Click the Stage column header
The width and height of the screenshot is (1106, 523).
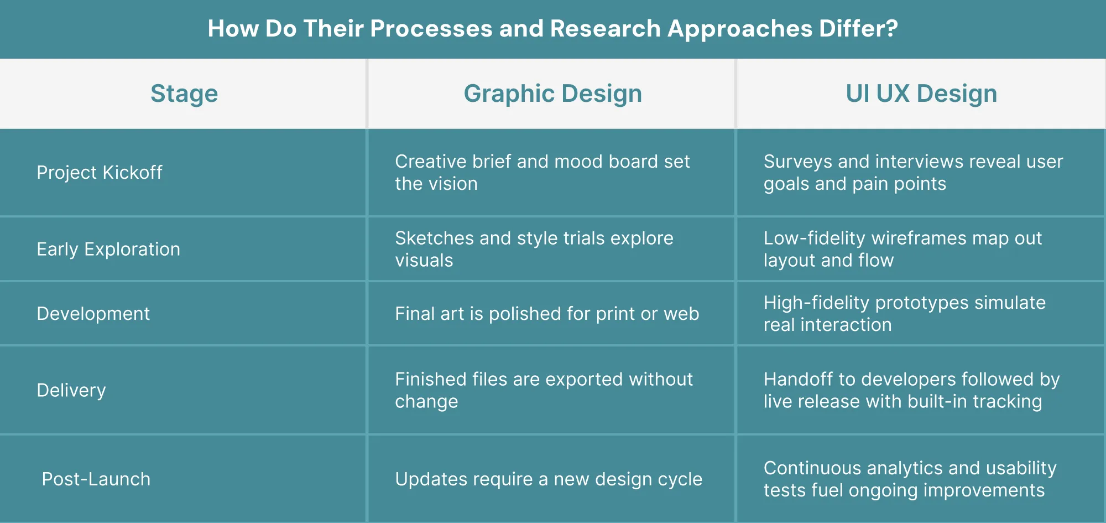pos(184,94)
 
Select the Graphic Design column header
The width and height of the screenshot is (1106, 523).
pos(552,94)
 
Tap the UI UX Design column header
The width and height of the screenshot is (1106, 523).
pos(921,94)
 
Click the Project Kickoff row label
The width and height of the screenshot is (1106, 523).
pos(100,173)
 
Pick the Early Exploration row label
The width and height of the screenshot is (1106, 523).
pos(108,250)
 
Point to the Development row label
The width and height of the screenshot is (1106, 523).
pos(93,314)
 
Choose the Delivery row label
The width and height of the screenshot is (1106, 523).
pos(71,391)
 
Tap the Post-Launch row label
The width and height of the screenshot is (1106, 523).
pos(96,479)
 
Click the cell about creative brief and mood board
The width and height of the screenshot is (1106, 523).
pos(542,173)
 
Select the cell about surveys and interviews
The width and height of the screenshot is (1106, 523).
pos(913,173)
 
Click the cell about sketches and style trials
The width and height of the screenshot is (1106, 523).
pos(534,249)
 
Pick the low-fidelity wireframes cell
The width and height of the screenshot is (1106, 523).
pos(902,249)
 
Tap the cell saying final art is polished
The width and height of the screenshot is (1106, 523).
pos(547,314)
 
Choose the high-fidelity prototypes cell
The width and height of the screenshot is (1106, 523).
pos(905,314)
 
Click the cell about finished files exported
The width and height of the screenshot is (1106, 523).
pos(544,390)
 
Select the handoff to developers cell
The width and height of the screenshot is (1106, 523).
pos(912,390)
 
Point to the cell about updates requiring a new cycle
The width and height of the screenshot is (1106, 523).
pos(549,479)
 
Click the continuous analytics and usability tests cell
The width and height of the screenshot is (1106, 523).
pos(910,479)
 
